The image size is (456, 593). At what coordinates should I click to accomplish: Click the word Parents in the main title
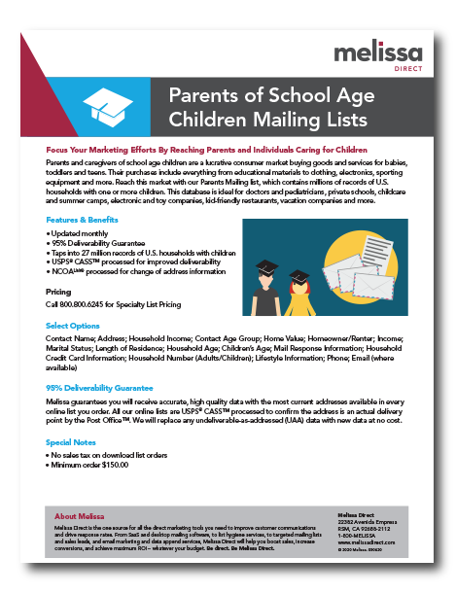[x=204, y=96]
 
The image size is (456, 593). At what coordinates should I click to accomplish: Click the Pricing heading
[x=58, y=291]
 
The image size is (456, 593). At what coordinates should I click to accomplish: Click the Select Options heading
[x=73, y=325]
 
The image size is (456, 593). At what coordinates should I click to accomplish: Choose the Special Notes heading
[x=70, y=441]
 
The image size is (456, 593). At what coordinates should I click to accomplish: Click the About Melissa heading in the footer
[x=80, y=516]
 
